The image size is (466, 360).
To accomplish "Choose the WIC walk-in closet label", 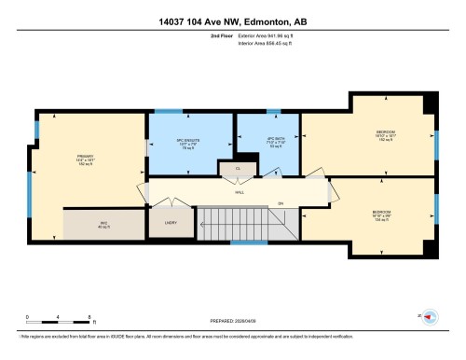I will point(103,223).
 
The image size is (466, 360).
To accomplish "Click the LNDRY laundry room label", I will point(171,223).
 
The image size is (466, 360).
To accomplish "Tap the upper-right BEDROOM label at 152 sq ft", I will point(384,136).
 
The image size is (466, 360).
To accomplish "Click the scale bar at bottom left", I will point(58,322).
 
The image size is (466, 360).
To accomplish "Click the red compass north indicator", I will point(430,317).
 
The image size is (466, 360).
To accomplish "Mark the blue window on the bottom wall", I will point(243,242).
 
